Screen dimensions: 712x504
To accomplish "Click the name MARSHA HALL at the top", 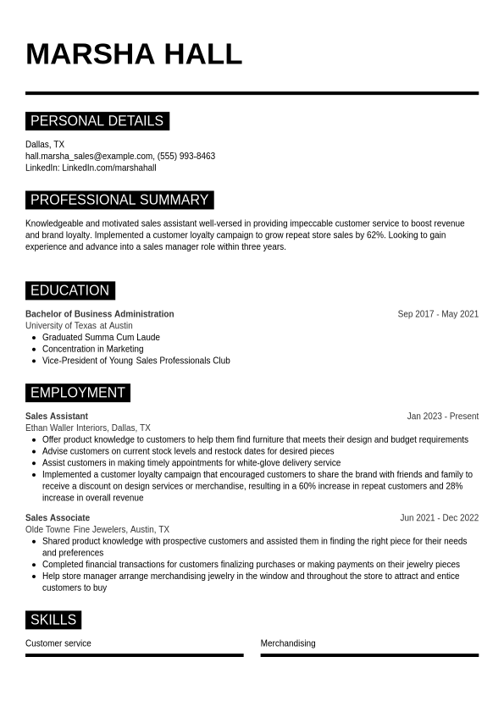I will click(x=134, y=54).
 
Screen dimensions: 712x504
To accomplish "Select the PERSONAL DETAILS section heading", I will click(x=97, y=121).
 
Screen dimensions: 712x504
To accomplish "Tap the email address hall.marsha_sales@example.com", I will click(x=89, y=156).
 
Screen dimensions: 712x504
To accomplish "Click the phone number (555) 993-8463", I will click(x=186, y=156).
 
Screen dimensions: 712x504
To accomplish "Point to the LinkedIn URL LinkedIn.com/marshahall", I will click(x=109, y=168).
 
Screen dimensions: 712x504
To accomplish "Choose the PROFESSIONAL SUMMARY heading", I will click(x=119, y=200).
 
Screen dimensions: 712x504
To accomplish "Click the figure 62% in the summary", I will click(x=375, y=235).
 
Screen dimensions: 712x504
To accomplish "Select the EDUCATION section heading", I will click(x=69, y=290).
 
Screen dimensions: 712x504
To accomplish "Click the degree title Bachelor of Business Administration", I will click(x=99, y=314).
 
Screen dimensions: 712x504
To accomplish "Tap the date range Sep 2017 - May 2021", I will click(x=438, y=314).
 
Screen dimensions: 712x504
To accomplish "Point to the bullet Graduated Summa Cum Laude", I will click(x=101, y=337).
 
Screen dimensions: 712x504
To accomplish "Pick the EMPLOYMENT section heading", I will click(x=77, y=393).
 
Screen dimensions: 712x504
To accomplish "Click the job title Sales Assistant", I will click(x=56, y=417).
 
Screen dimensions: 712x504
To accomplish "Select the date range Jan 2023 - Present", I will click(x=442, y=417).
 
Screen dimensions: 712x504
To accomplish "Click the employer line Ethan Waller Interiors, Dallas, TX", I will click(x=87, y=428).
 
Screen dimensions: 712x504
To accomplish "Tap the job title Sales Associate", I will click(x=57, y=518).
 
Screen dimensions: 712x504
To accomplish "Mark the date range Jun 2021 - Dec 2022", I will click(x=439, y=518).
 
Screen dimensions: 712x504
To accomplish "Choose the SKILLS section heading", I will click(x=53, y=620).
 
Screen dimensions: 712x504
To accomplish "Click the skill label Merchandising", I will click(x=287, y=643).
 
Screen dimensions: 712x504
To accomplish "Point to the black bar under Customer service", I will click(x=134, y=654).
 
